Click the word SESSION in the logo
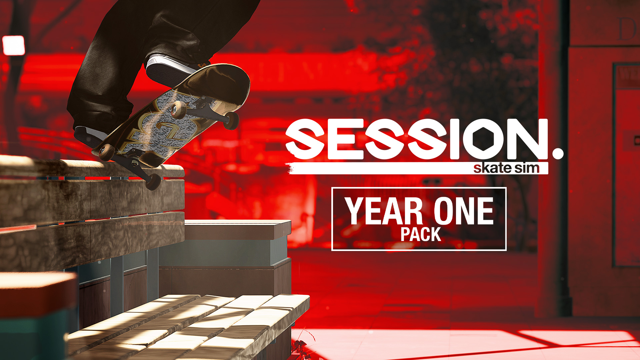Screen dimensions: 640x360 click(417, 139)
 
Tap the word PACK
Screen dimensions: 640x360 click(421, 234)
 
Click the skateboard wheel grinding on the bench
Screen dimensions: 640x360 click(153, 182)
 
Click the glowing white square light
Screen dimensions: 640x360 click(13, 45)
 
